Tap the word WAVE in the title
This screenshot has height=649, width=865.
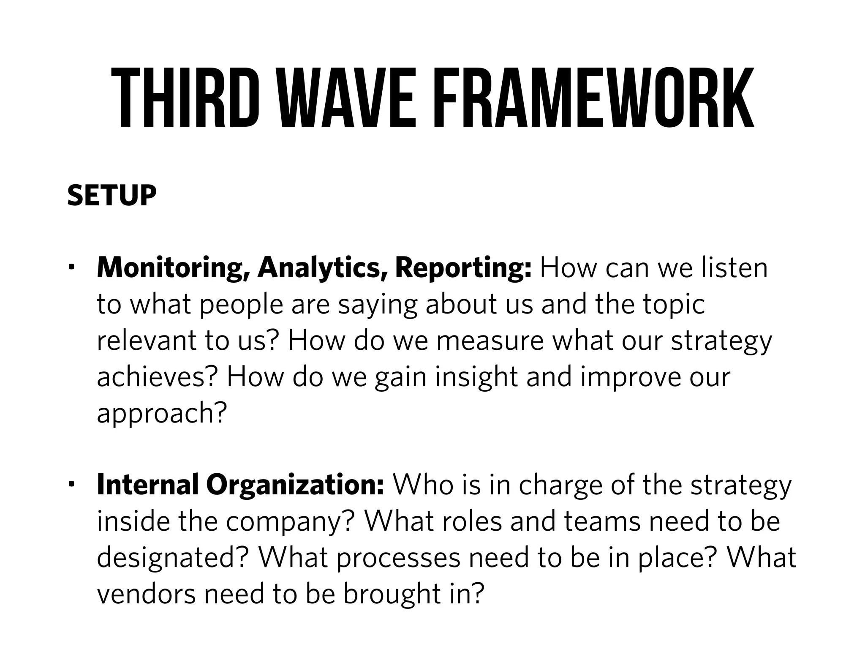click(346, 98)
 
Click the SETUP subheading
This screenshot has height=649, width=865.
click(112, 196)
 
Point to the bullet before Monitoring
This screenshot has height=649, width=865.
click(72, 267)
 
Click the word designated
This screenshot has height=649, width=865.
click(171, 558)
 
